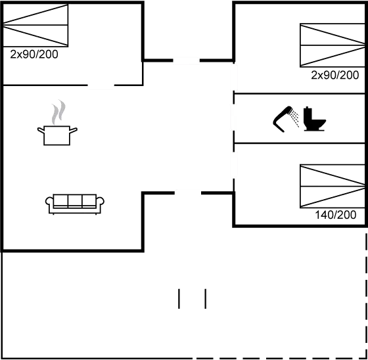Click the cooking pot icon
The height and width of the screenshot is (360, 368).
point(57,135)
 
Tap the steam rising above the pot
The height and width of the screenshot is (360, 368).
point(58,112)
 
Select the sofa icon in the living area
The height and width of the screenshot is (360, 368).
point(75,204)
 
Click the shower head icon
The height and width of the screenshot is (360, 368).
point(286,119)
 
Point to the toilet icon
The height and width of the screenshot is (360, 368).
point(314,119)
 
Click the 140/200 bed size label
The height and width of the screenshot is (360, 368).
point(335,215)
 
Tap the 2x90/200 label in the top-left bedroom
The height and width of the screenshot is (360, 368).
point(34,55)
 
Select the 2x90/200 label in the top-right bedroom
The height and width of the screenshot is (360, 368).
point(335,75)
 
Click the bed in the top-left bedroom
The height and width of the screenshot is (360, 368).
point(35,25)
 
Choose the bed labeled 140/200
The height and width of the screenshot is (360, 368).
point(333,187)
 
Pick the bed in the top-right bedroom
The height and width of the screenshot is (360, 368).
point(333,45)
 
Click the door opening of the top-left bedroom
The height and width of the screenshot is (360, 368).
point(101,85)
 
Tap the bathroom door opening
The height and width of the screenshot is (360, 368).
point(233,117)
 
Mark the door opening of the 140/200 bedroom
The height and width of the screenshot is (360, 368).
point(234,165)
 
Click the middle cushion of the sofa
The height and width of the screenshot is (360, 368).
point(75,200)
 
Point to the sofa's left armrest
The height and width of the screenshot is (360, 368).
point(49,201)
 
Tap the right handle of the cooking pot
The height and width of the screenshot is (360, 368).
point(74,130)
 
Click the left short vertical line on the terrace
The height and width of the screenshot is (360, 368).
point(179,298)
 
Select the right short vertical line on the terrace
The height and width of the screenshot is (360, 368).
point(205,298)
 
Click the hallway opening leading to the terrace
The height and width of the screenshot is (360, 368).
point(188,193)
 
